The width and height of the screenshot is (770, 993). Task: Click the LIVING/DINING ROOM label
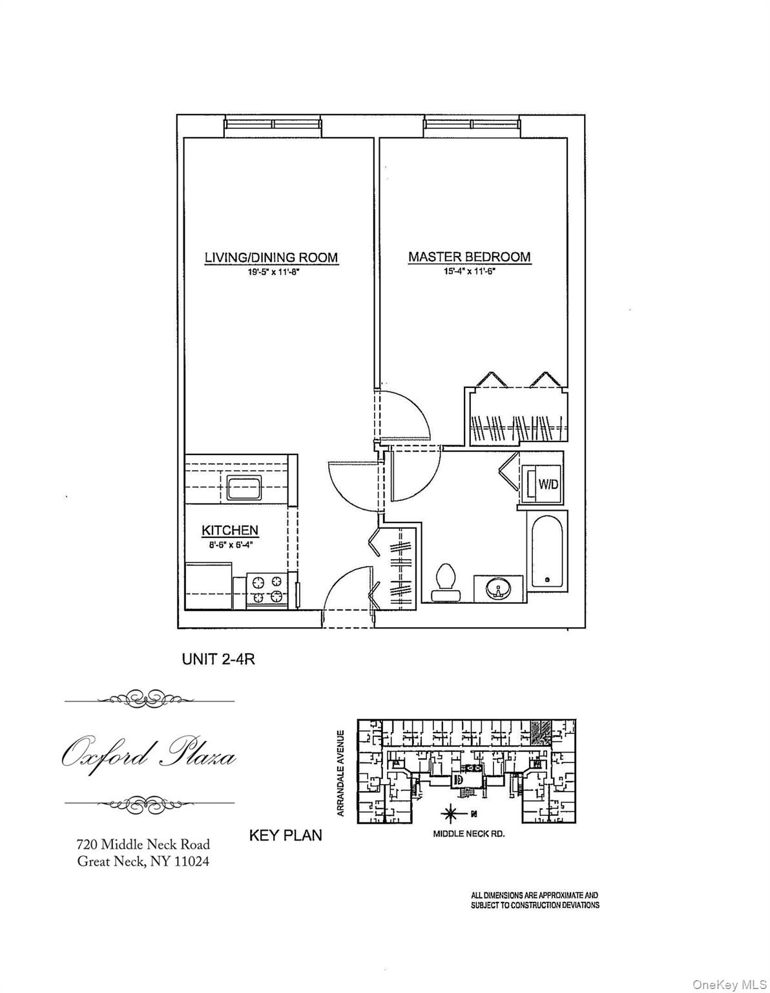(x=271, y=257)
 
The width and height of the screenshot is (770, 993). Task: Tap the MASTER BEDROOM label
(x=469, y=257)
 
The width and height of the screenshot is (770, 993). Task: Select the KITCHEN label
(x=230, y=530)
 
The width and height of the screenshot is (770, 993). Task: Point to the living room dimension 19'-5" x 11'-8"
(x=271, y=273)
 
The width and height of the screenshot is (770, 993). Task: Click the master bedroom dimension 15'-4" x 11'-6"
(x=469, y=272)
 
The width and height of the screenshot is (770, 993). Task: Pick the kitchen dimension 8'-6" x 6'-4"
(x=230, y=544)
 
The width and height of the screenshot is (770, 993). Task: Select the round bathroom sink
(x=499, y=589)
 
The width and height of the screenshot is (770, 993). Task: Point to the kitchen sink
(x=244, y=487)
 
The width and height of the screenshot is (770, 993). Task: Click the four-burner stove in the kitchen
(x=267, y=589)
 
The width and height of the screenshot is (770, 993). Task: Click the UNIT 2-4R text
(x=220, y=660)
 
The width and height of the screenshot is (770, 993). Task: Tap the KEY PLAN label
(x=286, y=835)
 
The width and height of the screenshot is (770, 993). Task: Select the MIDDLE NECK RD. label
(x=468, y=834)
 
